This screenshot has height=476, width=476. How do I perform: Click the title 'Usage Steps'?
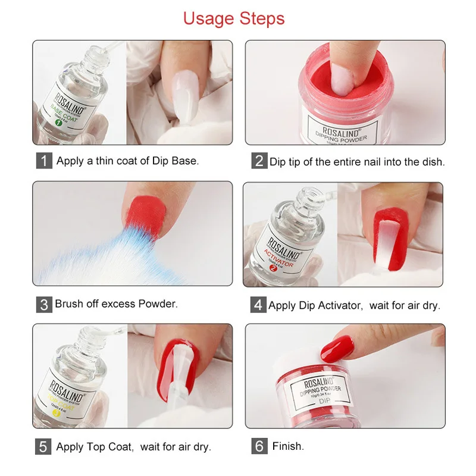234,18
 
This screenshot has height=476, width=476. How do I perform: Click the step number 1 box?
44,161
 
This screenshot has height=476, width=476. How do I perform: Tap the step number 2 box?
259,161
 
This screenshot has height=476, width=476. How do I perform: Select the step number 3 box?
44,305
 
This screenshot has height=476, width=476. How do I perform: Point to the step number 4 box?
258,305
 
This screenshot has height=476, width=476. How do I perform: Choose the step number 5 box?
44,447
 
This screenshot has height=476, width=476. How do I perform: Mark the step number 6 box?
259,446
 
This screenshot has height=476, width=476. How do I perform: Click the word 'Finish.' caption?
289,446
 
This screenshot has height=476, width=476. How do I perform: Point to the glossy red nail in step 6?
337,347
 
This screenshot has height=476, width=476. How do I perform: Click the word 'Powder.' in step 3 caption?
158,304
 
